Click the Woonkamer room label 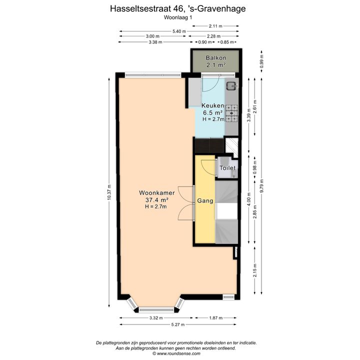click(x=157, y=193)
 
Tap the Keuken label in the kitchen click(x=213, y=105)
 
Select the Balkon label click(x=216, y=58)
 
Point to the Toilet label click(x=227, y=168)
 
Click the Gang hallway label click(x=205, y=201)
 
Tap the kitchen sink click(x=232, y=86)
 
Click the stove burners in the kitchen click(x=231, y=113)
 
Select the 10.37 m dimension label click(x=109, y=192)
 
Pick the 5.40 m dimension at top click(x=179, y=31)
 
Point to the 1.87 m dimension click(x=216, y=318)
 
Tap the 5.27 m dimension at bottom click(x=178, y=324)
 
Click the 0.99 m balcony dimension click(x=261, y=61)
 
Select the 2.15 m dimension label click(x=255, y=270)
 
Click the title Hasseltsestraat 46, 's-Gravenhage click(x=178, y=8)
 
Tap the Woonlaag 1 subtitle click(x=178, y=17)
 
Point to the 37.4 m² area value click(x=157, y=200)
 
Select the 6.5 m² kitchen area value click(x=213, y=112)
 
